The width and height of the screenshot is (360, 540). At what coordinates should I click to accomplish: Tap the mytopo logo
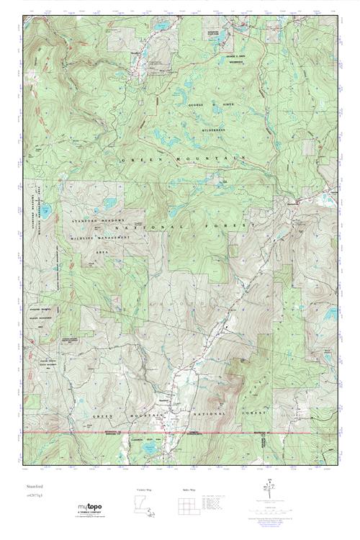point(91,508)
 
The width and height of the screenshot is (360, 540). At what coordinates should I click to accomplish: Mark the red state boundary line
point(180,432)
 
